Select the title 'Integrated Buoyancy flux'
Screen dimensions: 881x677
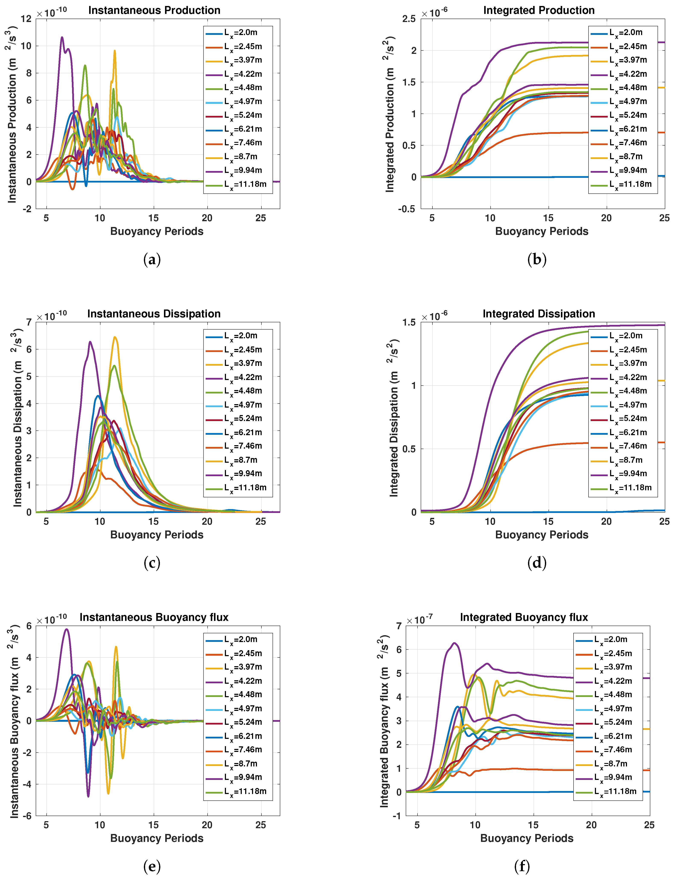(x=524, y=617)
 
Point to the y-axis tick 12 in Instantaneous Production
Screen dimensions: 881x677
(x=26, y=19)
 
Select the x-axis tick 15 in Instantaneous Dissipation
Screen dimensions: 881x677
(x=153, y=521)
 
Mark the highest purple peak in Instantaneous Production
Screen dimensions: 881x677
(x=62, y=37)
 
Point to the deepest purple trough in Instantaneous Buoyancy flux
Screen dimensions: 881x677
(x=88, y=796)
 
